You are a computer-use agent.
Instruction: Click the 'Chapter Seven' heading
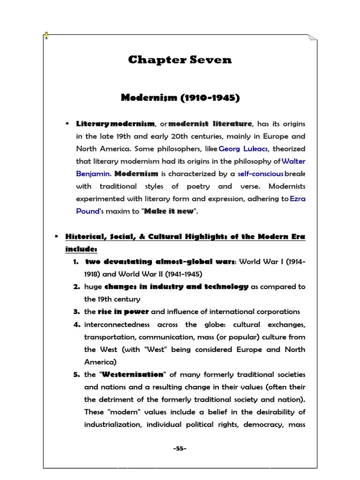[x=180, y=60]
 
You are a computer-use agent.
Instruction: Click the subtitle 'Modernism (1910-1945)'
[x=180, y=98]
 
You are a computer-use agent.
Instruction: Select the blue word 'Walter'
[x=293, y=161]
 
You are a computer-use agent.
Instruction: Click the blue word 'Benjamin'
[x=92, y=173]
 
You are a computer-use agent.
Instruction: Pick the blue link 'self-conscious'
[x=260, y=173]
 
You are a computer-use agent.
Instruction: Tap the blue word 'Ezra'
[x=298, y=199]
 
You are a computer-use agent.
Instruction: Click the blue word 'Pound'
[x=87, y=211]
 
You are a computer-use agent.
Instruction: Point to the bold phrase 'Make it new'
[x=169, y=211]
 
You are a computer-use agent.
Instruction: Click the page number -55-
[x=180, y=449]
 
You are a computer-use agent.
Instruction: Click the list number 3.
[x=76, y=312]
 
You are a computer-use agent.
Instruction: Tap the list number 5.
[x=77, y=375]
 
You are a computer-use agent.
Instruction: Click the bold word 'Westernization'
[x=133, y=375]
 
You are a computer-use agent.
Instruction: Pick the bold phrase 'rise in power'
[x=123, y=312]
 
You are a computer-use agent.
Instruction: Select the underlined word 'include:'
[x=81, y=248]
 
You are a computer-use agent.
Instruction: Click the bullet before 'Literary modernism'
[x=67, y=124]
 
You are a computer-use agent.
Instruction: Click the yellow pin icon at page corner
[x=46, y=35]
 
